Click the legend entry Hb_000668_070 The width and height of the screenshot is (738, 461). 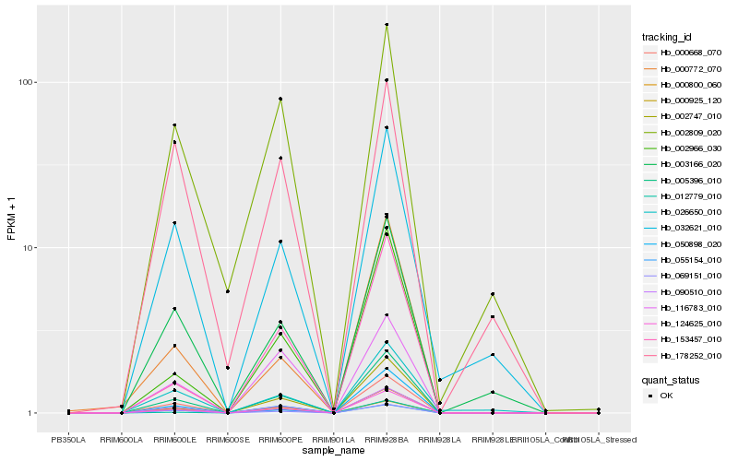684,53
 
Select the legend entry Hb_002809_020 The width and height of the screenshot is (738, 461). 684,133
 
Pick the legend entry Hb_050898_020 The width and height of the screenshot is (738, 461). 684,244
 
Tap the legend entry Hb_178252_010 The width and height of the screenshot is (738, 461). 684,355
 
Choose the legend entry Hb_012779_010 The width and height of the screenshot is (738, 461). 684,196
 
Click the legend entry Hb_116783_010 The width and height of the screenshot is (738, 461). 684,308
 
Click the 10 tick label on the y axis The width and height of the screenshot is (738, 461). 28,248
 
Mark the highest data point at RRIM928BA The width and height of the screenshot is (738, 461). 387,25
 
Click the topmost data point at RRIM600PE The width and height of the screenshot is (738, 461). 280,99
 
